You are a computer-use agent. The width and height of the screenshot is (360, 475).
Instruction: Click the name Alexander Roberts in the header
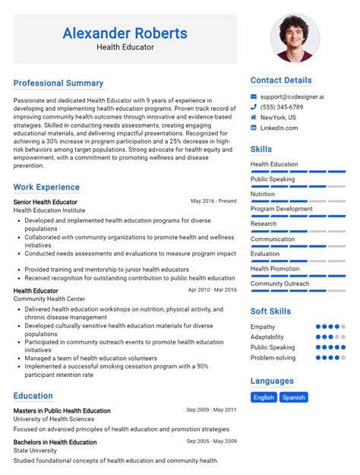[x=125, y=33]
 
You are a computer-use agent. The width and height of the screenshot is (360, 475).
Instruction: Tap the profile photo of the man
[x=295, y=38]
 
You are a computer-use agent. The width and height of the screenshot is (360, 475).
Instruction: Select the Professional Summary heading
[x=58, y=83]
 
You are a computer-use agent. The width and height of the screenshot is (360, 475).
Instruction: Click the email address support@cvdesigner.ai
[x=292, y=97]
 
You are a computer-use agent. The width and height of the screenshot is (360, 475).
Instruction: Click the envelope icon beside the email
[x=254, y=97]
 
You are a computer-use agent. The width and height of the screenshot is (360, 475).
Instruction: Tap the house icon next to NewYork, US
[x=254, y=118]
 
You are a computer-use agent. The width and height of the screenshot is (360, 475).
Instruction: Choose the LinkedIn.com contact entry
[x=279, y=128]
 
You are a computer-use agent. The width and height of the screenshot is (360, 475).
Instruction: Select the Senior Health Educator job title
[x=45, y=201]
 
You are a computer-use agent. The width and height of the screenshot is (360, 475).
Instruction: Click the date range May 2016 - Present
[x=213, y=201]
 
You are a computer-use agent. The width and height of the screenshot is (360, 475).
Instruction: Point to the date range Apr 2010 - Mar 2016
[x=212, y=290]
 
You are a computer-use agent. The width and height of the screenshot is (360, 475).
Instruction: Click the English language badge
[x=264, y=397]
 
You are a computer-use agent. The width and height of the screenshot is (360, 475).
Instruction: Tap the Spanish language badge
[x=293, y=397]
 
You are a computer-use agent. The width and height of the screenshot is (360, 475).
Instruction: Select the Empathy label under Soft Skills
[x=263, y=327]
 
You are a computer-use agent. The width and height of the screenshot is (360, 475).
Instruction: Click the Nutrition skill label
[x=263, y=194]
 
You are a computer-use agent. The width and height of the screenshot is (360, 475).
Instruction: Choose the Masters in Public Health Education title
[x=62, y=410]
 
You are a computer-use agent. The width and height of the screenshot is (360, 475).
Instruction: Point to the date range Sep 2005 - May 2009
[x=212, y=442]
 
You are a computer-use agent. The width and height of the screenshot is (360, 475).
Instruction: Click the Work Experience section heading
[x=46, y=187]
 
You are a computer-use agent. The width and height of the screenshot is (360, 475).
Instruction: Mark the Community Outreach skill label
[x=279, y=283]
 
